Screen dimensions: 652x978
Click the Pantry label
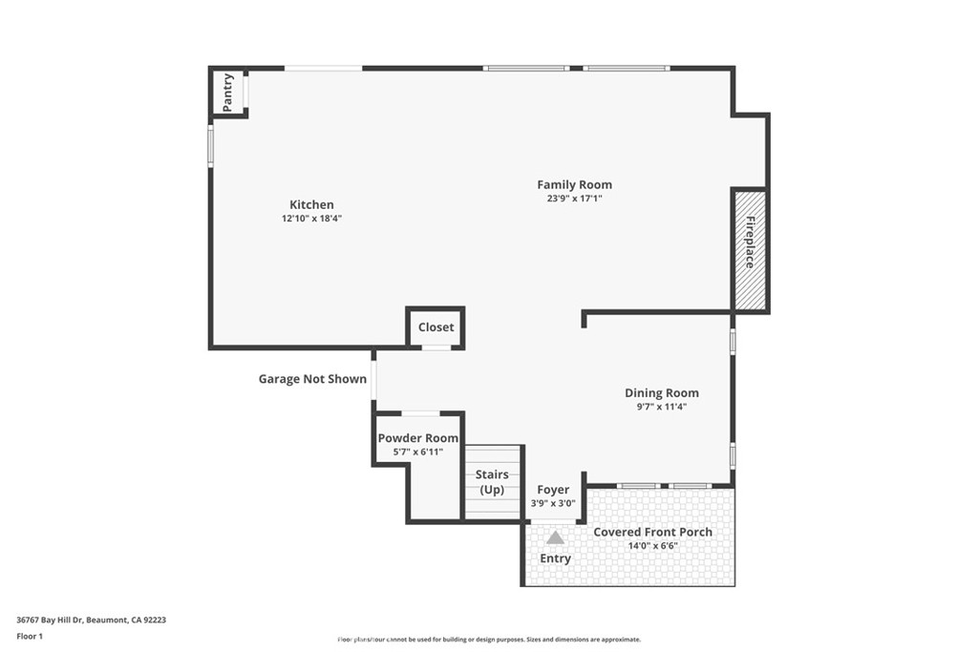click(228, 93)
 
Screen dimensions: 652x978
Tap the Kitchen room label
click(311, 204)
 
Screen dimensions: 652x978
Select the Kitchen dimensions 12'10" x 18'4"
click(311, 219)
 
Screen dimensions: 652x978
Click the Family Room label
click(574, 184)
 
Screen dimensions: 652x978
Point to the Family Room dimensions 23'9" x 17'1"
click(574, 199)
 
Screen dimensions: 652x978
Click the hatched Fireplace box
click(750, 250)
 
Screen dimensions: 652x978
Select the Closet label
click(436, 327)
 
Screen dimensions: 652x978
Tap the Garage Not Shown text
click(312, 379)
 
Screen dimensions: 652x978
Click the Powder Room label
click(417, 438)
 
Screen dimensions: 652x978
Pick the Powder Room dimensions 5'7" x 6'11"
click(417, 452)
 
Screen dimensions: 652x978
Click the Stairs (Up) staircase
click(492, 482)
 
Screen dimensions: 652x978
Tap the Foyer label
click(553, 490)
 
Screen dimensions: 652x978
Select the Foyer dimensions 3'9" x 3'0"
click(553, 503)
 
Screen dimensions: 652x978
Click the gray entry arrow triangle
click(555, 537)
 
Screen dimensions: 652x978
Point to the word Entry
click(555, 558)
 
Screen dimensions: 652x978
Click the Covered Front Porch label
click(652, 532)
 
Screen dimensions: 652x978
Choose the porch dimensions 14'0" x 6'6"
click(652, 546)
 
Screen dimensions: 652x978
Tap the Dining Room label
click(661, 392)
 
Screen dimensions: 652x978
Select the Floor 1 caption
click(31, 636)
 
